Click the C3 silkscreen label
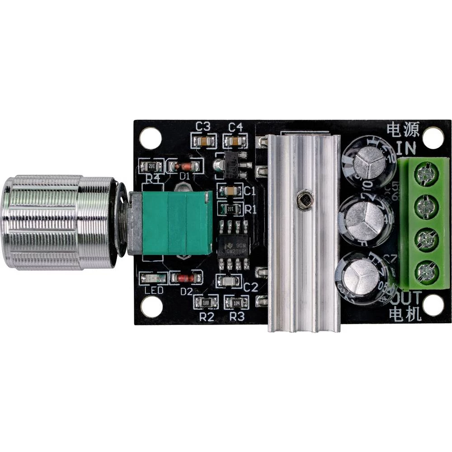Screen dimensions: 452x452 (204, 127)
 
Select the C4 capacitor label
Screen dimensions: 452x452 (235, 127)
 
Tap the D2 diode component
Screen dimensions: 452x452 (185, 278)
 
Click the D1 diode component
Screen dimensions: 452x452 (184, 166)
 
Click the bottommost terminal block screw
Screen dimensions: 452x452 (425, 271)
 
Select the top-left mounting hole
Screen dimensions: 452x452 (151, 138)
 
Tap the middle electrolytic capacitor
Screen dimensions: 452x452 (366, 219)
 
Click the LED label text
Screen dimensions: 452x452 (154, 291)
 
